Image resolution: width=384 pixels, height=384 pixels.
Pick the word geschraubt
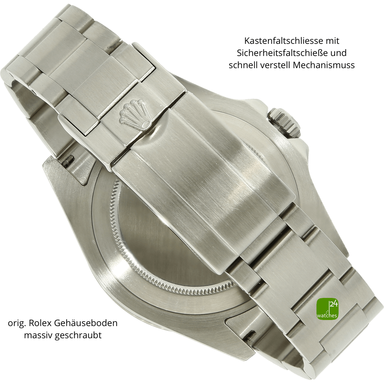pyautogui.click(x=78, y=335)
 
